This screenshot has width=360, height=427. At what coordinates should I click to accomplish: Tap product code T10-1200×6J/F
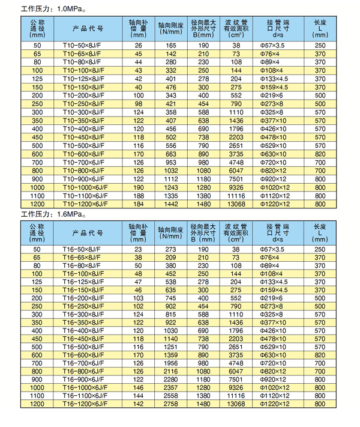coord(86,205)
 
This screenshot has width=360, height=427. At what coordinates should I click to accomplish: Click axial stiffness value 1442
coord(172,205)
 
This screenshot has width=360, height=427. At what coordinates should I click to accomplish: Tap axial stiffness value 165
coord(172,45)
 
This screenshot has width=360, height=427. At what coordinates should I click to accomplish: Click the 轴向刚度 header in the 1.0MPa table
coord(172,28)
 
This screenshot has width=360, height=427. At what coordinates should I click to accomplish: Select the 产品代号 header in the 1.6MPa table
coord(88,232)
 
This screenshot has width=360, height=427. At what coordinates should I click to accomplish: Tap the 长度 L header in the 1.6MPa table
coord(320,232)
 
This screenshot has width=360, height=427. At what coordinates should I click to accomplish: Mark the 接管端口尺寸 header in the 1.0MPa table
coord(277,28)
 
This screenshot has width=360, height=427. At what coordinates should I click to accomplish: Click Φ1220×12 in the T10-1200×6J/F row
coord(277,205)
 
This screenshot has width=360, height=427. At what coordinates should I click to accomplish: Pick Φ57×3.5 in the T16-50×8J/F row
coord(277,248)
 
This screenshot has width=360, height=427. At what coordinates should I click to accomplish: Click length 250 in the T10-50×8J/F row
coord(320,45)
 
